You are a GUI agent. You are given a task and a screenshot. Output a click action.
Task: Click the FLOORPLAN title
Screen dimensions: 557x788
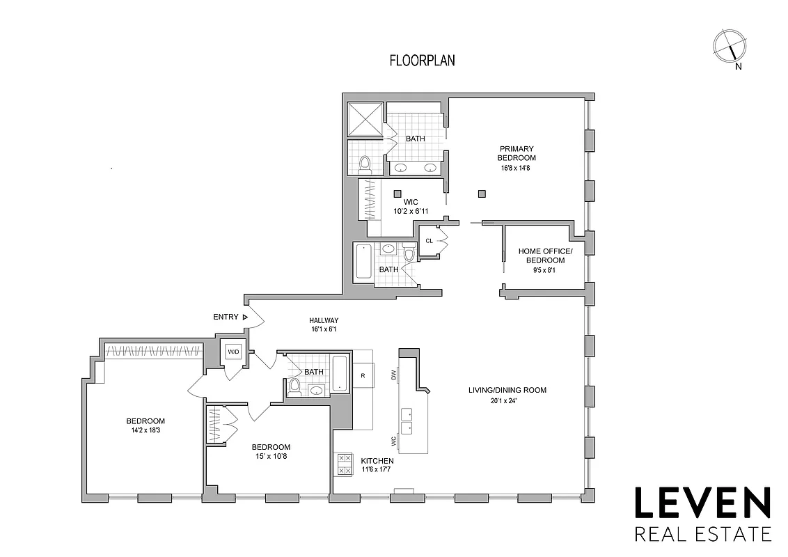pos(422,61)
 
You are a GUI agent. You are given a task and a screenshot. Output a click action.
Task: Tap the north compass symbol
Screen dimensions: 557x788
pos(729,47)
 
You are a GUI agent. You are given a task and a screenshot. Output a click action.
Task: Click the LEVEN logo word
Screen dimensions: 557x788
pos(702,503)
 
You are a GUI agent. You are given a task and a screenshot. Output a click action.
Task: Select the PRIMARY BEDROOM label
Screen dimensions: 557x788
pos(517,153)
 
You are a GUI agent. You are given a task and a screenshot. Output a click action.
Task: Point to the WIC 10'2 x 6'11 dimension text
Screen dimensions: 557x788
pos(411,211)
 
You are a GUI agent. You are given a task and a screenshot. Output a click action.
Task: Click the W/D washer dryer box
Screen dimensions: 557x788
pos(232,352)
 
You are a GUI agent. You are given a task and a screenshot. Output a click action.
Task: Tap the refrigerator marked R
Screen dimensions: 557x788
pos(363,375)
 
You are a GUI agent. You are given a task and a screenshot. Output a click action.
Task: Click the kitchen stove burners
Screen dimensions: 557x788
pos(345,464)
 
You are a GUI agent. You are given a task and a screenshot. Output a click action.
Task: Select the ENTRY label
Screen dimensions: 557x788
pos(226,317)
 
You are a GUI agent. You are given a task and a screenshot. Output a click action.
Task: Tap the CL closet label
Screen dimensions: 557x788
pos(429,241)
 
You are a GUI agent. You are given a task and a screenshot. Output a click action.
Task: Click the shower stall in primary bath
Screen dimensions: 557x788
pos(365,119)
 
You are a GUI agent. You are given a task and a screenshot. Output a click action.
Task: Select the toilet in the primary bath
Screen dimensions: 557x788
pos(364,164)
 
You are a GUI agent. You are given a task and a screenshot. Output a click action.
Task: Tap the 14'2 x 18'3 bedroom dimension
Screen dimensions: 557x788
pos(145,430)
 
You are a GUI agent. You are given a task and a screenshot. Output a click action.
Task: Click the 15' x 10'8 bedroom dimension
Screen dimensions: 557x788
pos(271,457)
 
